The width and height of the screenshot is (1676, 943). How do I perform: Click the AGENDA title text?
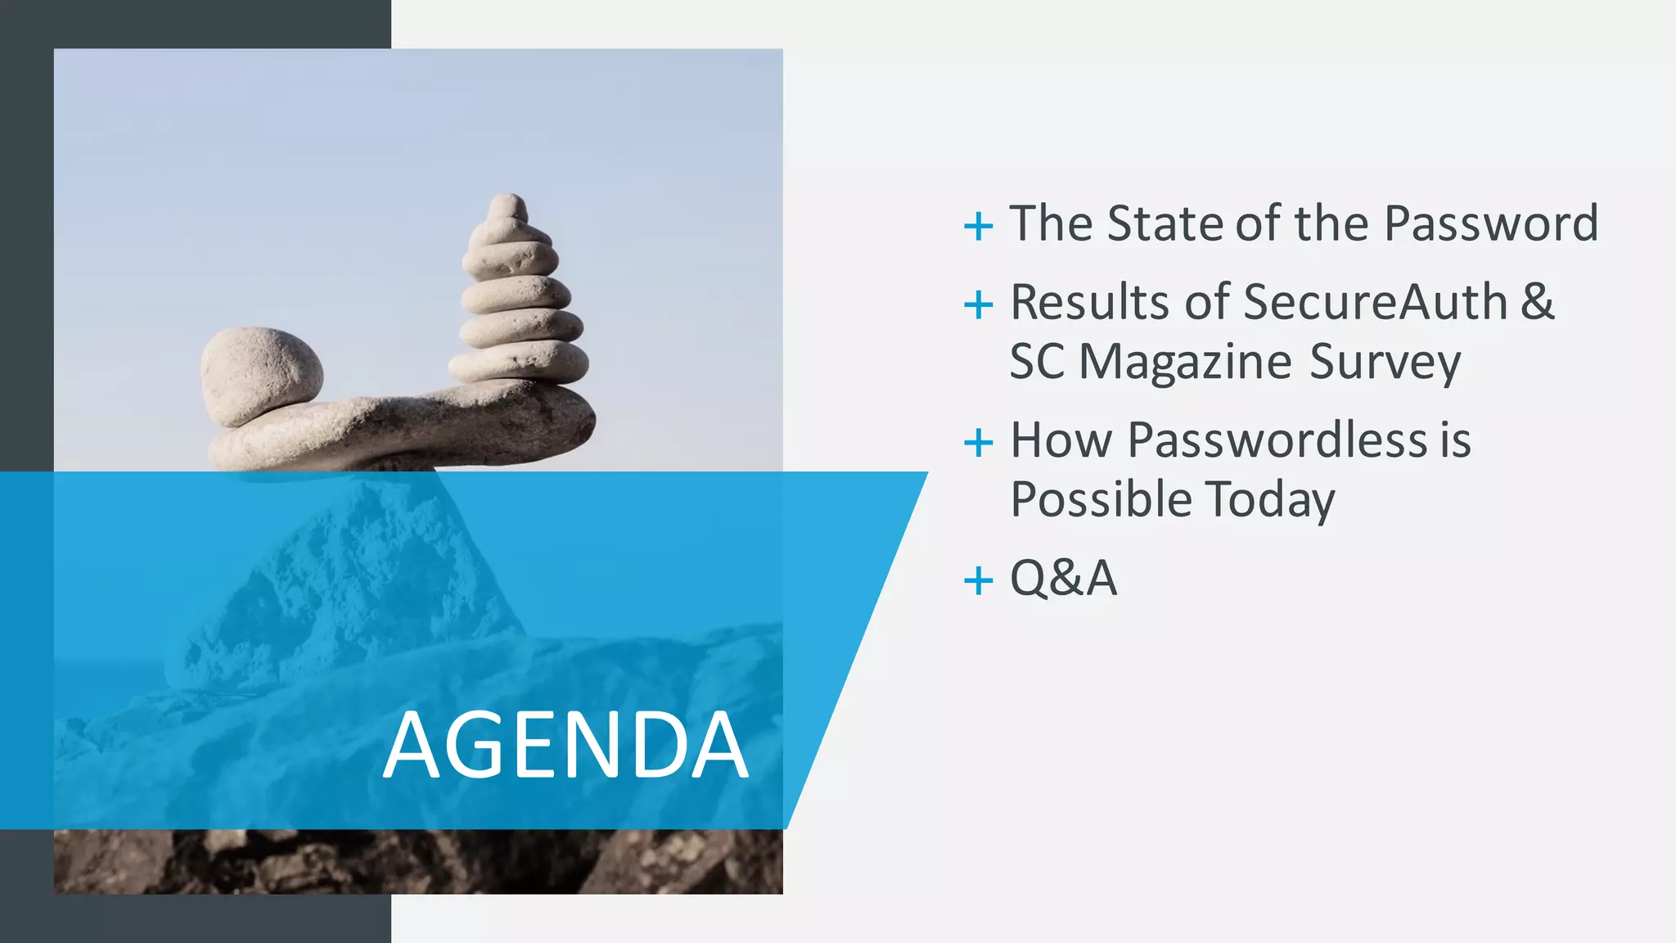tap(565, 745)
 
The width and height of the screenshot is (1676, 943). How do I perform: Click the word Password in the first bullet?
tap(1491, 223)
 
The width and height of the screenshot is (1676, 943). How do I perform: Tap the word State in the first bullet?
tap(1167, 223)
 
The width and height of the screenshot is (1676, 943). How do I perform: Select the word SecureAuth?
tap(1375, 302)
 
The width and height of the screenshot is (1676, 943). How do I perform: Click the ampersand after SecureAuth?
tap(1538, 302)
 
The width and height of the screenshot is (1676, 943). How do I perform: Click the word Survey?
tap(1385, 362)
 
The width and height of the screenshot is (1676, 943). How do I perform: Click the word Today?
tap(1270, 499)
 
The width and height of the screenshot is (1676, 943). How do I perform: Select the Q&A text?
tap(1063, 579)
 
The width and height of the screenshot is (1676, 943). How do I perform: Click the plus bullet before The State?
tap(978, 225)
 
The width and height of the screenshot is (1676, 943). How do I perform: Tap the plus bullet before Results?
tap(978, 305)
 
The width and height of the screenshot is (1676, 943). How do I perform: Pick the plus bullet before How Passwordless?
tap(978, 443)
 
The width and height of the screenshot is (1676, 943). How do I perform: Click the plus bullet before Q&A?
tap(978, 581)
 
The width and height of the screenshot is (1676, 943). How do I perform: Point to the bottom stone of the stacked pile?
tap(519, 362)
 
